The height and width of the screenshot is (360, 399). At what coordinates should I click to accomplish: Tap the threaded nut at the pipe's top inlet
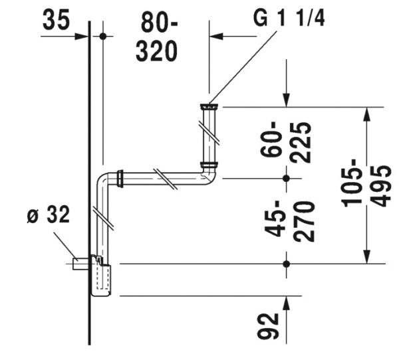click(x=209, y=105)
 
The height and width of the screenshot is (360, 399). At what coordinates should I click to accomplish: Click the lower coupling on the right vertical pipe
click(x=209, y=165)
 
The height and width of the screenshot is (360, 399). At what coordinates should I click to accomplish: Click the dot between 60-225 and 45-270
click(x=287, y=178)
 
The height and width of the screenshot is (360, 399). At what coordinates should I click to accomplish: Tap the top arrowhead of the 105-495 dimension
click(x=365, y=114)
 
